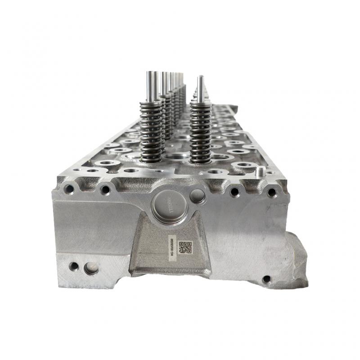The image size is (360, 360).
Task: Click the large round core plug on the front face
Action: coord(169,207)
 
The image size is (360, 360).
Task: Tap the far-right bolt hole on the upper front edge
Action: coord(271,193)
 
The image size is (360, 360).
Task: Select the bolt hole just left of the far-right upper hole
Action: coord(234,192)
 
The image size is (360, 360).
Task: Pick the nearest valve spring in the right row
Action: coord(201,133)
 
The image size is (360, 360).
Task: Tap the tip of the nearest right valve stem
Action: coord(200,78)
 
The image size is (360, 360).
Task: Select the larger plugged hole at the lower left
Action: coord(91,269)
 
